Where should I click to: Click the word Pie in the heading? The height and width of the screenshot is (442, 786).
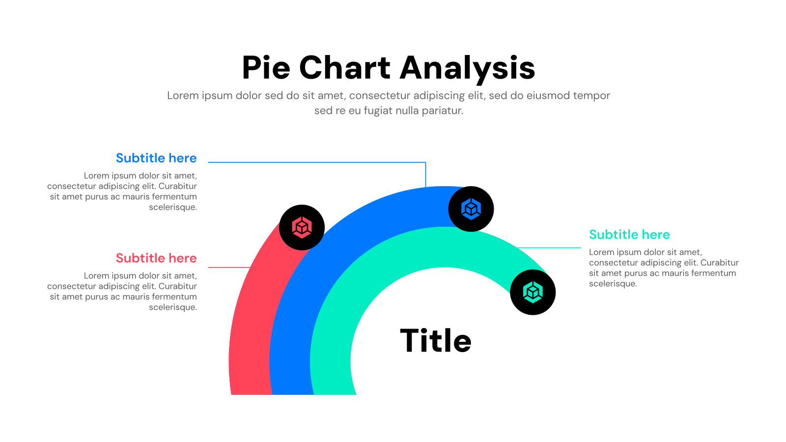pyautogui.click(x=266, y=68)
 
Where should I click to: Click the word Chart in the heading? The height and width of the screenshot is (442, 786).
pyautogui.click(x=344, y=68)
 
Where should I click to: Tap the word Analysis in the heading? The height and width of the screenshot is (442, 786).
pyautogui.click(x=467, y=68)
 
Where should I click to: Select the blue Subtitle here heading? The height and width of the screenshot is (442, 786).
pyautogui.click(x=156, y=158)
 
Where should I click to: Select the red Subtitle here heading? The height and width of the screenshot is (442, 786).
pyautogui.click(x=156, y=258)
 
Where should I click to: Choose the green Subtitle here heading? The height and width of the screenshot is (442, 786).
pyautogui.click(x=629, y=235)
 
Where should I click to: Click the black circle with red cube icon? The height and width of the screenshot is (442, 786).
pyautogui.click(x=302, y=227)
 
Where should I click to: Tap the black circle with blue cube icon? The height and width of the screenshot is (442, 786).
pyautogui.click(x=471, y=209)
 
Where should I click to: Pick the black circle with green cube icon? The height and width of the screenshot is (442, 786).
pyautogui.click(x=533, y=292)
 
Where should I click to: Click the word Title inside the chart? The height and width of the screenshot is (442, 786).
pyautogui.click(x=436, y=341)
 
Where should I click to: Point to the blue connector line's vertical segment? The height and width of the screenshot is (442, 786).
pyautogui.click(x=425, y=174)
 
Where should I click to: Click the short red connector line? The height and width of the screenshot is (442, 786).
pyautogui.click(x=229, y=267)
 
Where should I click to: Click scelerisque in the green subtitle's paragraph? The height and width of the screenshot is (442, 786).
pyautogui.click(x=613, y=284)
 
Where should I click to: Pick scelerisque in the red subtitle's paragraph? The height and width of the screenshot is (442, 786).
pyautogui.click(x=173, y=307)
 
